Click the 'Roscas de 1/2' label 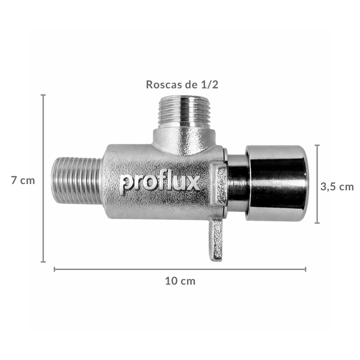[182, 84]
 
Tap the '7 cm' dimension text [23, 180]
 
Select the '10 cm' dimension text [180, 281]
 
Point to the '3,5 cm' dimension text [337, 187]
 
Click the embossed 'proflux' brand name [160, 183]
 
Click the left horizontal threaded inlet [77, 181]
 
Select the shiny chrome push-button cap [277, 183]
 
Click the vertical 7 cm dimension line [43, 178]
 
